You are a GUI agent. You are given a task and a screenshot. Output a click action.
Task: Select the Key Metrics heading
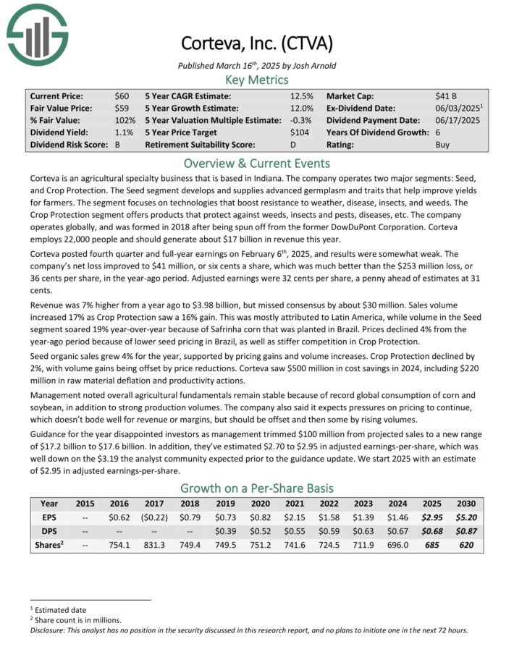[x=257, y=80]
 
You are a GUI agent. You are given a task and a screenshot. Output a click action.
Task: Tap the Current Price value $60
[x=122, y=96]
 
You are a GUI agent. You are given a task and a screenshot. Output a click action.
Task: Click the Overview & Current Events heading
[x=257, y=163]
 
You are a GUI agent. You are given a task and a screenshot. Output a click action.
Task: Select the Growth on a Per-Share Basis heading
[x=257, y=487]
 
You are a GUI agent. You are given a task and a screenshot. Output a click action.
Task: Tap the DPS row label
[x=49, y=532]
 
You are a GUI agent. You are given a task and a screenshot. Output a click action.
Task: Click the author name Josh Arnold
[x=314, y=65]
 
